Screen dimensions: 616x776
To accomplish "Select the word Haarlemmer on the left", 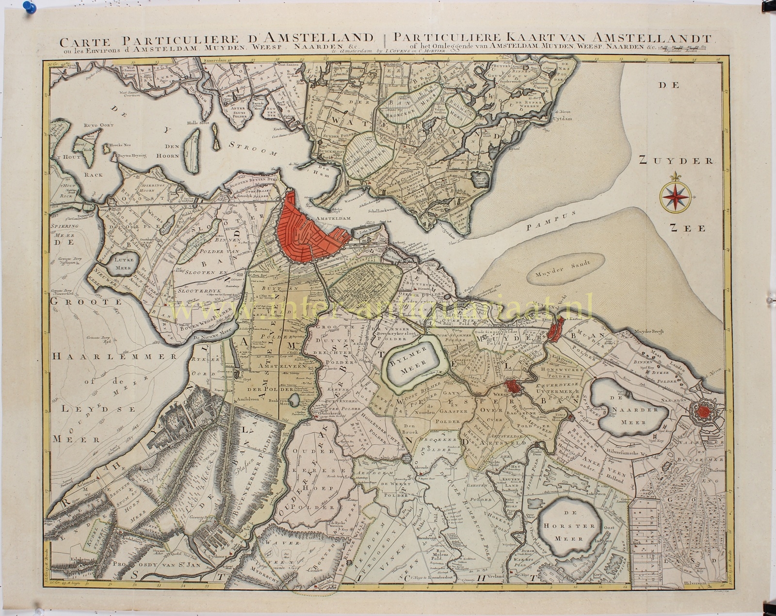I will click(x=89, y=356).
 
